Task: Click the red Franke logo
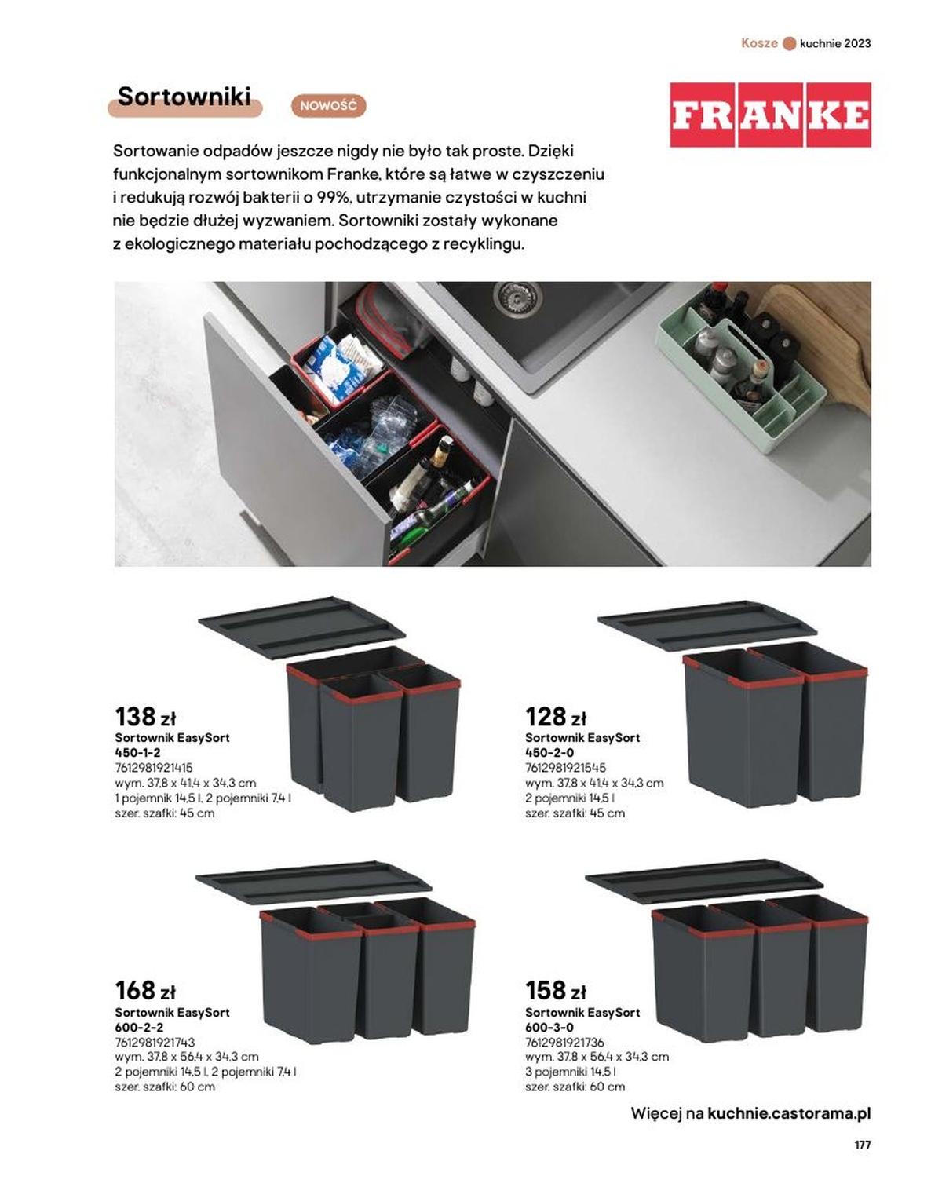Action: click(x=770, y=115)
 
